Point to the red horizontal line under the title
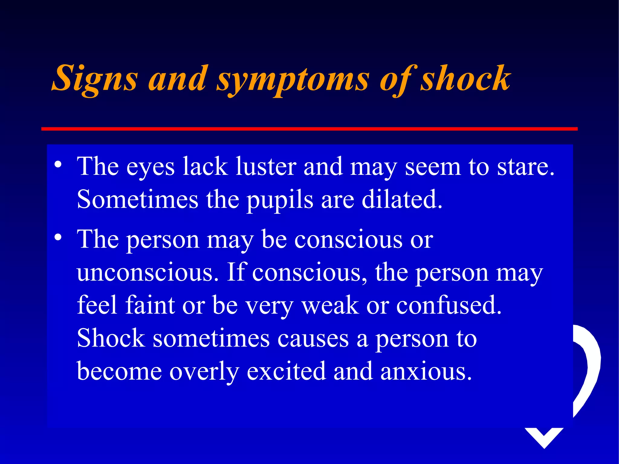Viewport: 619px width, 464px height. pos(309,129)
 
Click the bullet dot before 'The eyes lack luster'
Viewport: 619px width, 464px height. pos(58,165)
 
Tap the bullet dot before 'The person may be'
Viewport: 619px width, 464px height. pos(58,237)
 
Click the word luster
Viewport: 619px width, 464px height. pos(266,166)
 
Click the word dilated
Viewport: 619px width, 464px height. pos(402,199)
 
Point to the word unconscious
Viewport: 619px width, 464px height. pos(147,272)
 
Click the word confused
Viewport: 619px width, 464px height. pos(449,305)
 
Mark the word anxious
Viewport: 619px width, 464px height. pos(426,371)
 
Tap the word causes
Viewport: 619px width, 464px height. pos(313,338)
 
